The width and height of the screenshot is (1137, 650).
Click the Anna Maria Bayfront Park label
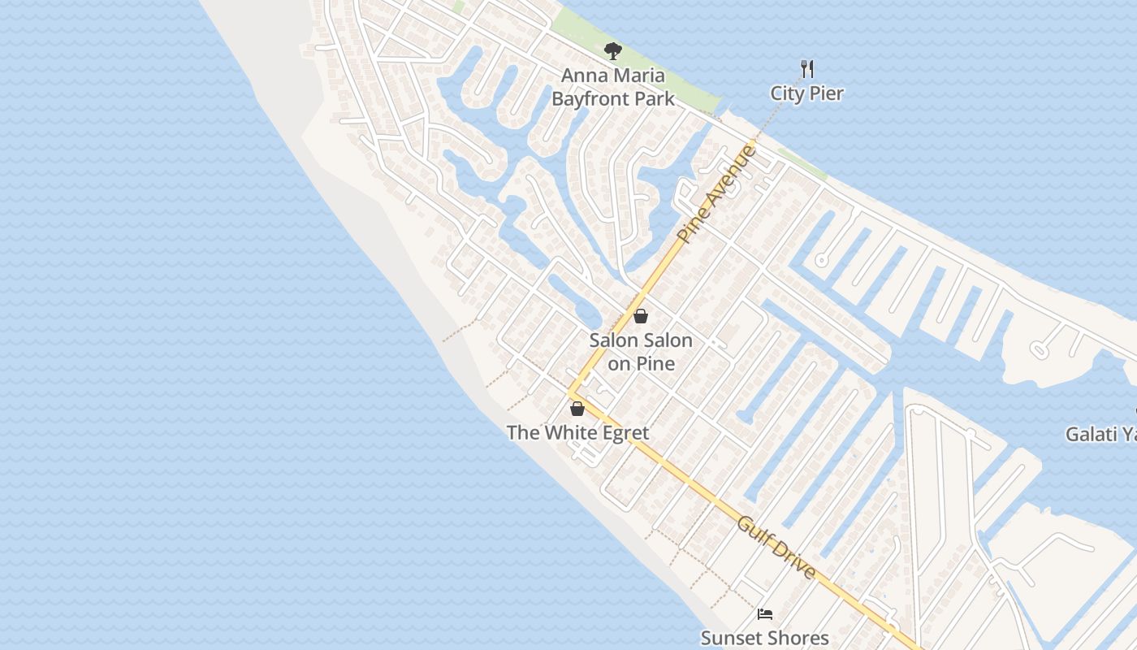(613, 87)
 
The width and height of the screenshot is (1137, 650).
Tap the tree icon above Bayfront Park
(613, 52)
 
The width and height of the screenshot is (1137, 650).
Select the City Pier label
(806, 93)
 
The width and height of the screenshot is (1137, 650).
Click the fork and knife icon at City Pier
(806, 68)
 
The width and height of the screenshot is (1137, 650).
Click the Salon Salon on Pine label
(641, 352)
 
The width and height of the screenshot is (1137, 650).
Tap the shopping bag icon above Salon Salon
(641, 316)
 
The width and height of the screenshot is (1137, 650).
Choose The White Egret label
(577, 432)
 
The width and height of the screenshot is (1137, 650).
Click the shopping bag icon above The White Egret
(577, 408)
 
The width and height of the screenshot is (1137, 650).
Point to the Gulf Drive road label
(776, 547)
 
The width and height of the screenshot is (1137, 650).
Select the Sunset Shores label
(764, 638)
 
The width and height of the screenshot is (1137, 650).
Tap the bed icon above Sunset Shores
(764, 614)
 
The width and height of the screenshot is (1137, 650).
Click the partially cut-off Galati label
(1100, 435)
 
